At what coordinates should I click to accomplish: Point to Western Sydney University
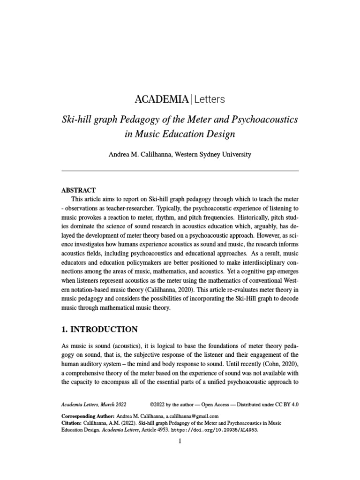(x=213, y=154)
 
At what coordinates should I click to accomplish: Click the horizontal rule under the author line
(x=180, y=171)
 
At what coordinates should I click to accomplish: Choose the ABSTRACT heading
(x=78, y=190)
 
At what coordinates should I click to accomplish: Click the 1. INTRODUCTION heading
(x=99, y=329)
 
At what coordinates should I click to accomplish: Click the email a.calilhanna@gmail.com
(x=189, y=416)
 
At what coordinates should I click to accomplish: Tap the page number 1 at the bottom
(x=180, y=442)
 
